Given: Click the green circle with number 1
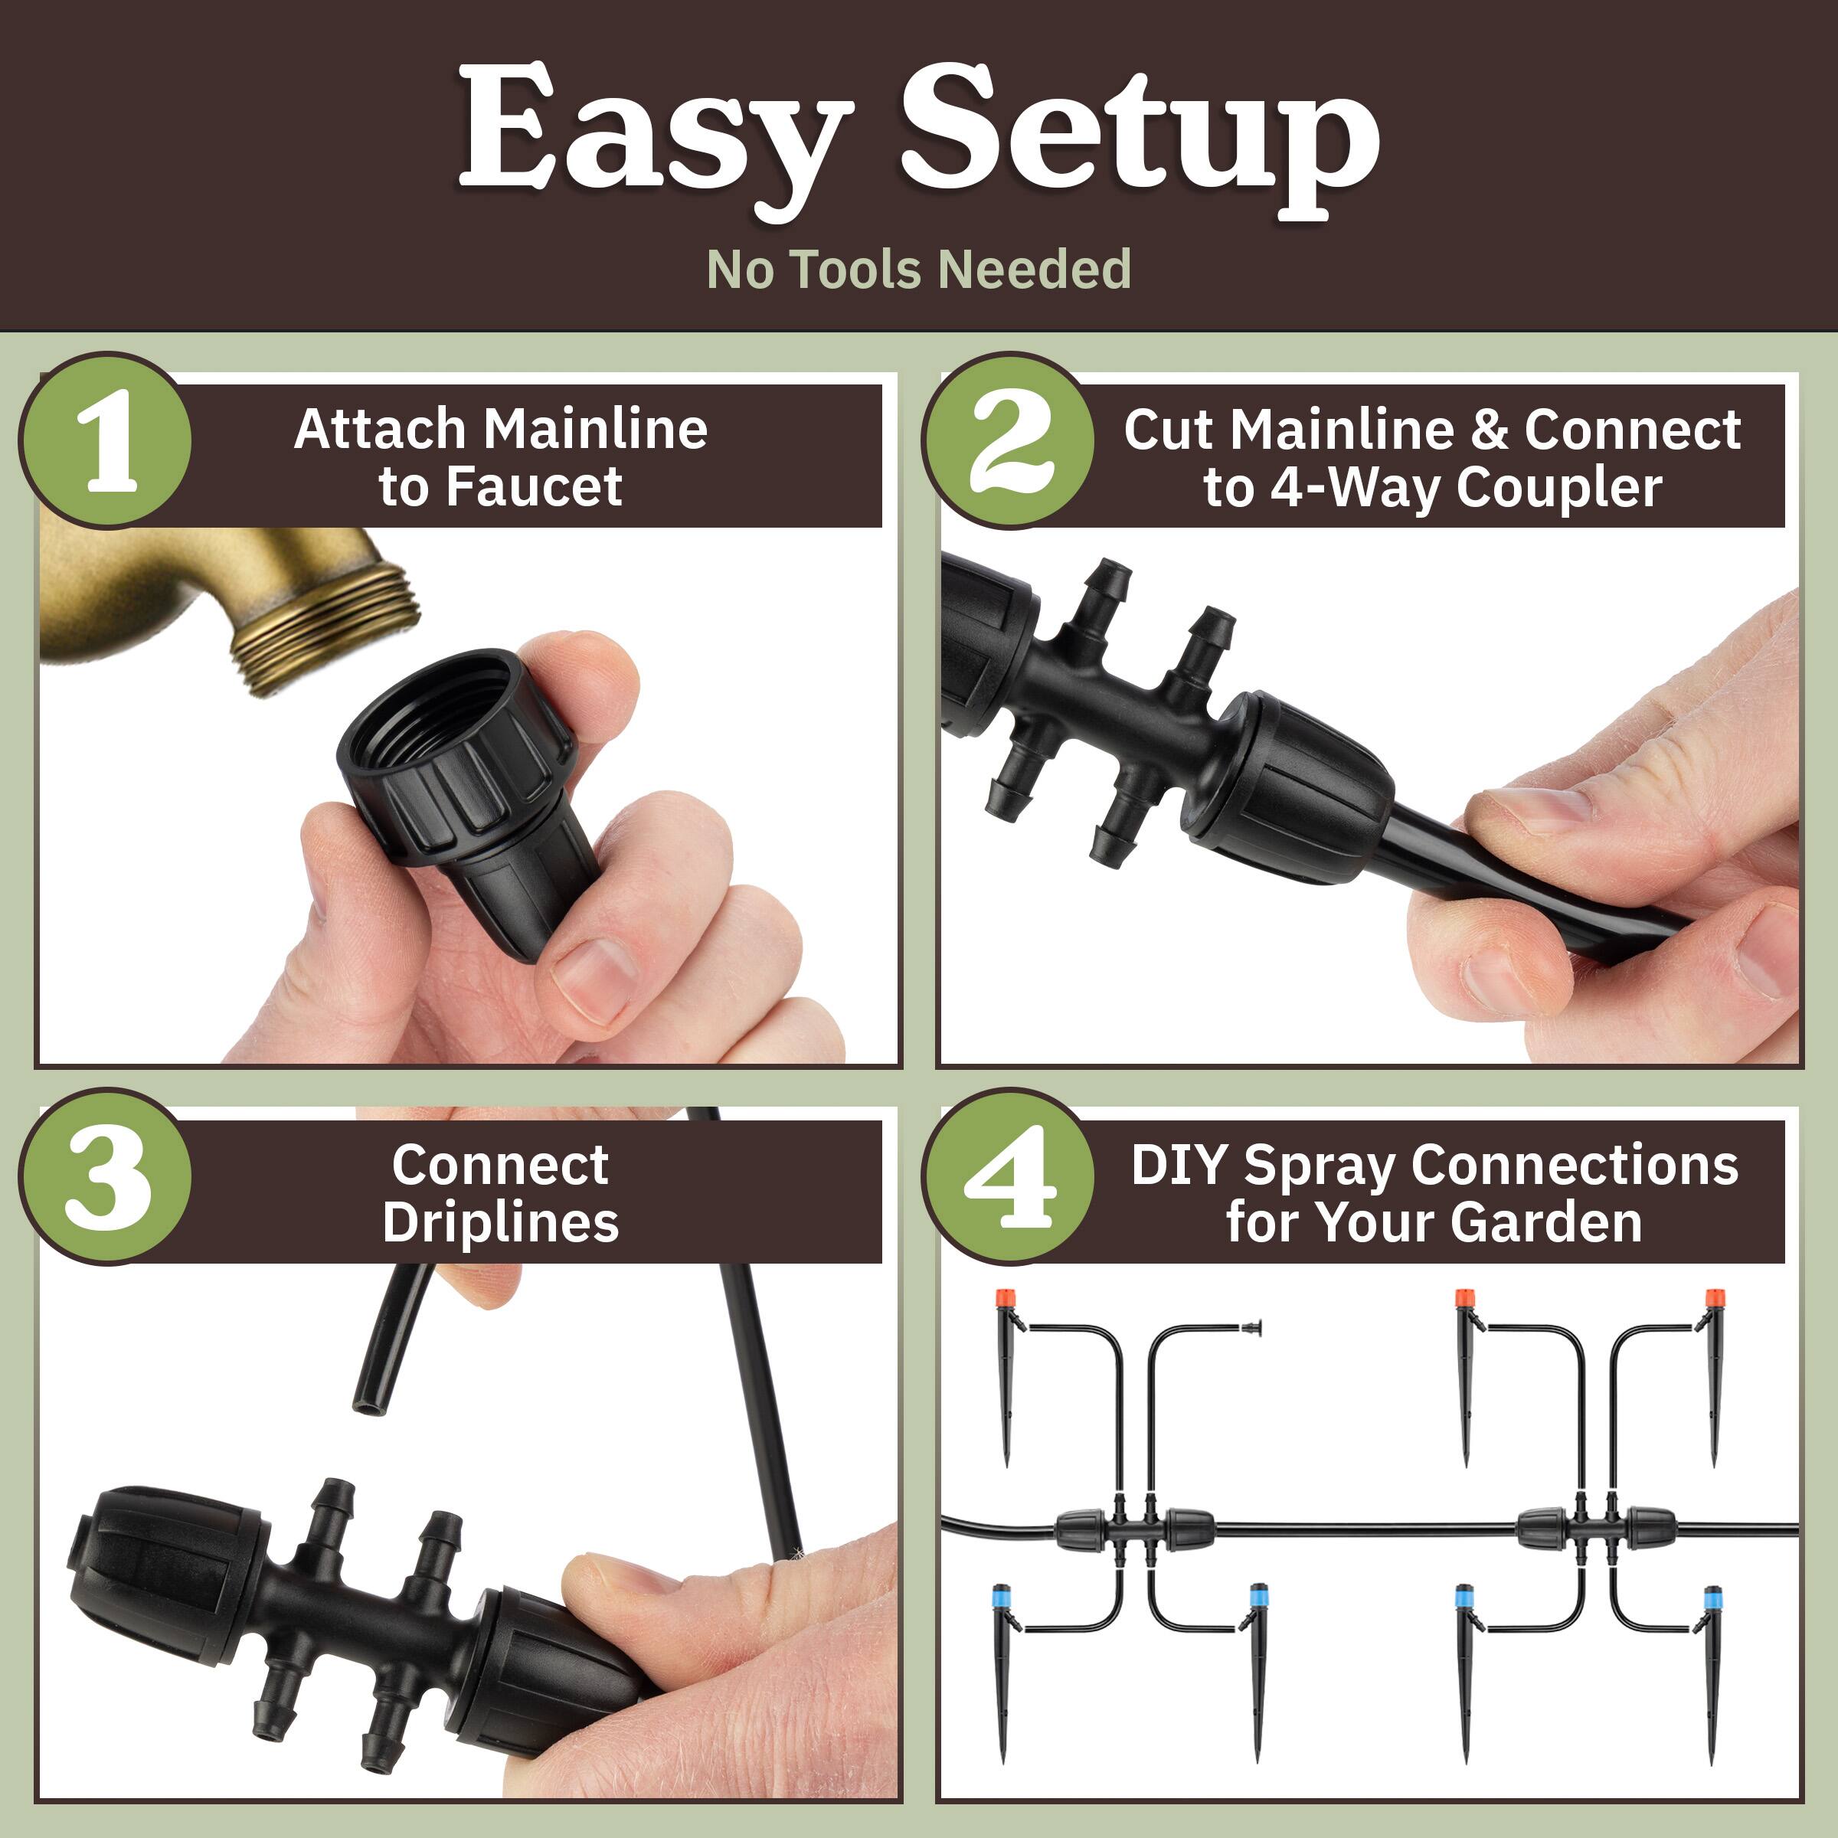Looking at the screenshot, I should coord(106,440).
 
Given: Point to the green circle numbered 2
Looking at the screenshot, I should coord(1009,440).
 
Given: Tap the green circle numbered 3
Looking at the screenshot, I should coord(106,1177).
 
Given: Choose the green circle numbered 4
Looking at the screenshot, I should coord(1009,1177).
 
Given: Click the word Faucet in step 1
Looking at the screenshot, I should coord(534,487).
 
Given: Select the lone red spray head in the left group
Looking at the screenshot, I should coord(1006,1299).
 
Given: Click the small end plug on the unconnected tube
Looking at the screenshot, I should coord(1254,1327).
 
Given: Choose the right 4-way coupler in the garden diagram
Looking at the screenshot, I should coord(1596,1529).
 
